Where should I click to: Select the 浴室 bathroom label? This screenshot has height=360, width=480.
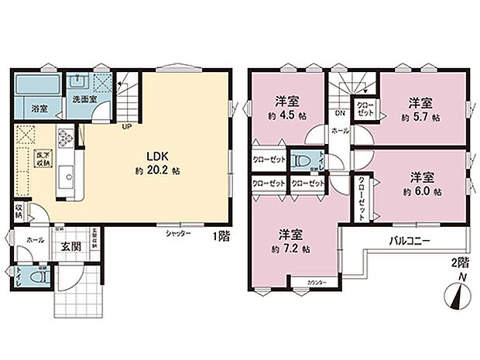[39, 109]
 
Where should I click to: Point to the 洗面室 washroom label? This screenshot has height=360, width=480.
[83, 99]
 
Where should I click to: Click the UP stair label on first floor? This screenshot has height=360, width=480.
[125, 128]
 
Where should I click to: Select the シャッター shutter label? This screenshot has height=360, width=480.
[177, 232]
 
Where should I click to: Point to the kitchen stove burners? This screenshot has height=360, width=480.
[65, 137]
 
